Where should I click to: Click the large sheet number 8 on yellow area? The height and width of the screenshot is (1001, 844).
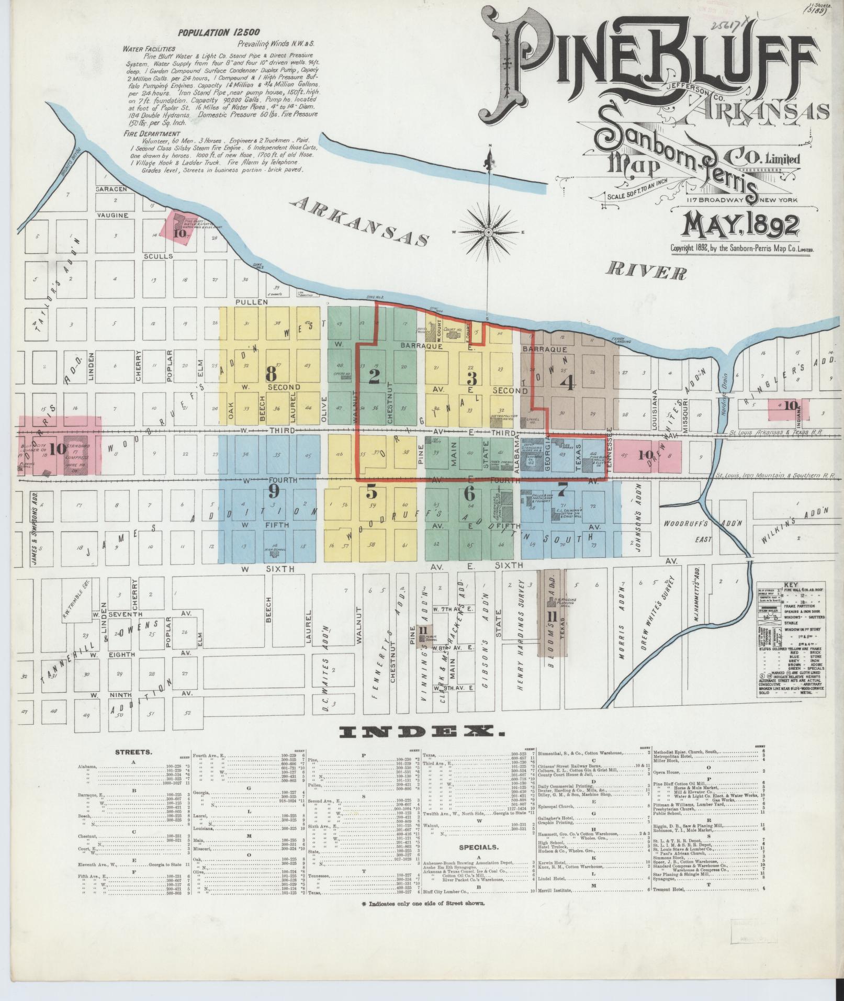(x=271, y=374)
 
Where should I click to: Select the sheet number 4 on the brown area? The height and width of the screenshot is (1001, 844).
(x=567, y=382)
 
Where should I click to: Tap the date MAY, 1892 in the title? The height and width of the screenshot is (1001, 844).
(x=739, y=225)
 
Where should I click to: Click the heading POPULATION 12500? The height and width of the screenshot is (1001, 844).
(x=218, y=32)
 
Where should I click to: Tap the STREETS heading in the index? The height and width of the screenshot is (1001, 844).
(x=133, y=752)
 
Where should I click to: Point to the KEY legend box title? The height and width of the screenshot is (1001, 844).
(x=790, y=586)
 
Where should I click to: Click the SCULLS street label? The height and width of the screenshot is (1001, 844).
(x=159, y=256)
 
